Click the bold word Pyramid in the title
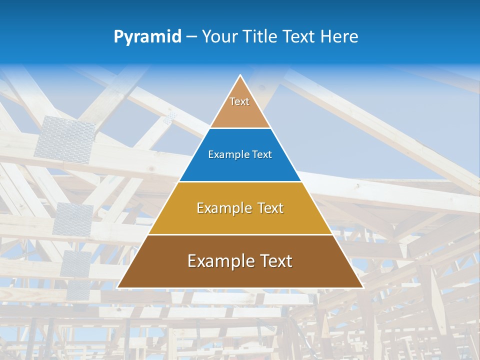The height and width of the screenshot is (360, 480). point(147,37)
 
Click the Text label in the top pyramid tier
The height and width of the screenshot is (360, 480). point(239,101)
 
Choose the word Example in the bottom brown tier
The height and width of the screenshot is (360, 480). point(218,261)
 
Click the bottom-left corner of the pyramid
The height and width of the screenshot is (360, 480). point(118,287)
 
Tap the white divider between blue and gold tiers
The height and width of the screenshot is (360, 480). point(240,181)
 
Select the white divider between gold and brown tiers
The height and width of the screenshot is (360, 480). point(240,234)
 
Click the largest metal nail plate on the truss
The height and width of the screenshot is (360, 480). point(65,137)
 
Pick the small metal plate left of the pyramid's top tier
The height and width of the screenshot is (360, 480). point(170,118)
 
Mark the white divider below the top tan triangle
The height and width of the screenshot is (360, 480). point(240,128)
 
